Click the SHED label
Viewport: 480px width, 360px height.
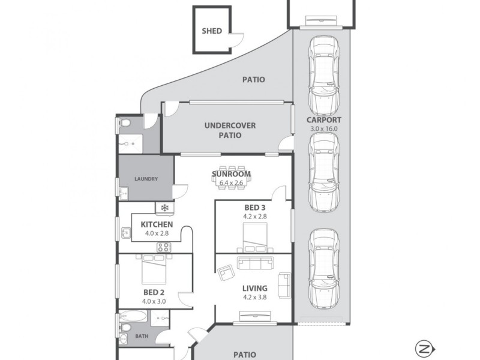tap(211, 31)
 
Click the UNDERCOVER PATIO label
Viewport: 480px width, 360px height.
tap(230, 130)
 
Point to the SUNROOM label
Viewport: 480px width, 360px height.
tap(231, 175)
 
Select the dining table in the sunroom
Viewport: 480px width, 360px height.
tap(231, 178)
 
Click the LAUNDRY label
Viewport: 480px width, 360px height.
tap(146, 179)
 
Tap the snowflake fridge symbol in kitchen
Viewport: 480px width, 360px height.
tap(164, 208)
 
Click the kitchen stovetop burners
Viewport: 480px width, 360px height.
tap(164, 247)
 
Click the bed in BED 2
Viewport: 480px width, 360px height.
tap(154, 269)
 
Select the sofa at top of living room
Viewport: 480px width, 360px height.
tap(256, 262)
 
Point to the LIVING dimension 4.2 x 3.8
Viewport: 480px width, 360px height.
tap(255, 296)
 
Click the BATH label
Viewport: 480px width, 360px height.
tap(142, 336)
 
